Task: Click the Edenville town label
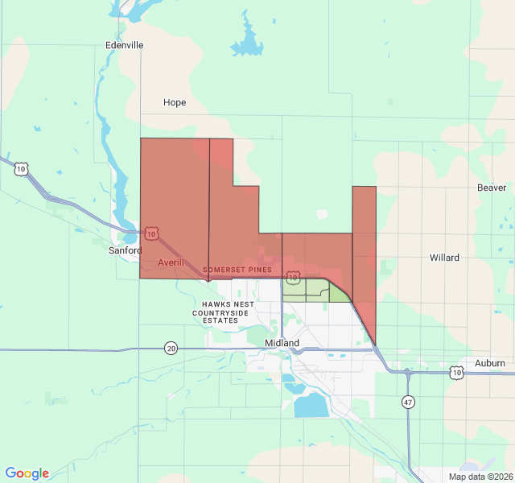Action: [124, 45]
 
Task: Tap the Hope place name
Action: [175, 102]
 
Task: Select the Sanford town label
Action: [125, 250]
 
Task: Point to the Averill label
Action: [171, 262]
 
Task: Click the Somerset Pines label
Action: [237, 269]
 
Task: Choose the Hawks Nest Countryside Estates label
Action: [223, 312]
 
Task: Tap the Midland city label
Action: [282, 343]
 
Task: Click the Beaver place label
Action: [491, 188]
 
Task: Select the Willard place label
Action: [444, 258]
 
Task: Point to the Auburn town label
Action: [489, 363]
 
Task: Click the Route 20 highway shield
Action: [171, 348]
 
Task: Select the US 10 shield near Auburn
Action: [457, 372]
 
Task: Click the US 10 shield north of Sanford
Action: [21, 168]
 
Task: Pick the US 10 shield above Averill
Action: [151, 233]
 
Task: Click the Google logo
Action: [27, 473]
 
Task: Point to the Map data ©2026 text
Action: [479, 477]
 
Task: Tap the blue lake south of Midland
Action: [311, 405]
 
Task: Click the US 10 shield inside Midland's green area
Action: [293, 277]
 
